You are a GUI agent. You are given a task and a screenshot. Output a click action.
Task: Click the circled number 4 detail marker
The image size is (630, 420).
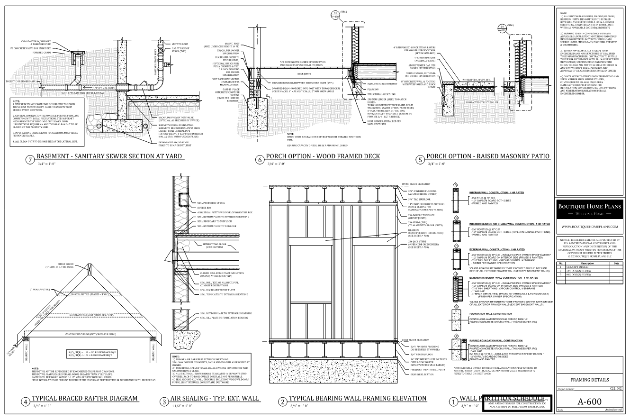(x=25, y=402)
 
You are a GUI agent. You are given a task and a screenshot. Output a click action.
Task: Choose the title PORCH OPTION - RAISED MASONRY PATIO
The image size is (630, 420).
(x=488, y=157)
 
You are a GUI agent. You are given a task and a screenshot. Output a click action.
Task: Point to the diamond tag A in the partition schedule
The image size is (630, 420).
(x=456, y=185)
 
